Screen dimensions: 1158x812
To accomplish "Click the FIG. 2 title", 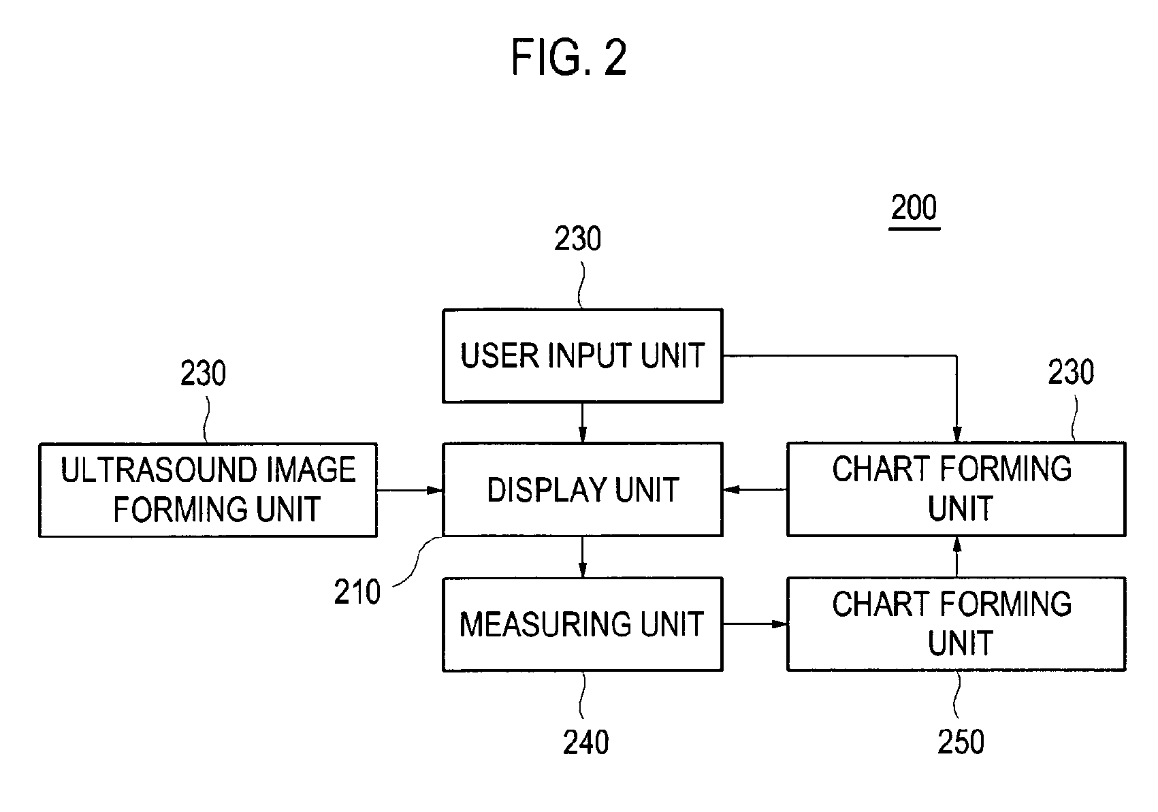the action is [x=568, y=57].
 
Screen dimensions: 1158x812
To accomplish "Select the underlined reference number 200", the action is [x=914, y=209].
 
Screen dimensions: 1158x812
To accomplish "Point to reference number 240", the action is [x=585, y=743].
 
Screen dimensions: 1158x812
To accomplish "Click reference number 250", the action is [x=961, y=742].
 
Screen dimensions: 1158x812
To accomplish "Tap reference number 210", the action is [x=357, y=592].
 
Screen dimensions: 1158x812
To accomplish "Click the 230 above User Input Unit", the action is [x=577, y=239].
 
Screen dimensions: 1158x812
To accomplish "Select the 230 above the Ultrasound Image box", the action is [x=203, y=373].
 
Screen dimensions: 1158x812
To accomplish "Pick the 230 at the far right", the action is [x=1071, y=372].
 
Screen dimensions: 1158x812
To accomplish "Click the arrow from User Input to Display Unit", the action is [x=583, y=423].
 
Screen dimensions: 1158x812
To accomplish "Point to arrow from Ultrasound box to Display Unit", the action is [x=410, y=490].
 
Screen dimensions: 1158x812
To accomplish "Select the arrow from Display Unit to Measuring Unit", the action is [x=583, y=557].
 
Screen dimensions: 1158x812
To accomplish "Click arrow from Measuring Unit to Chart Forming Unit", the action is [x=755, y=624].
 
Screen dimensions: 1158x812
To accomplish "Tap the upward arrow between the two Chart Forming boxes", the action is [x=957, y=557].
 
